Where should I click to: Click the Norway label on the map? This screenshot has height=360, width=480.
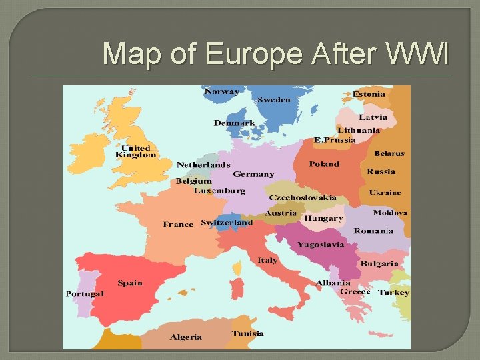click(222, 91)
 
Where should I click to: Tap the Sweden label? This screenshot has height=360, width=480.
click(273, 100)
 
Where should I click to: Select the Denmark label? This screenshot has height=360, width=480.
click(234, 123)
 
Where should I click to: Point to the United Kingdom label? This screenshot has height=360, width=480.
click(135, 151)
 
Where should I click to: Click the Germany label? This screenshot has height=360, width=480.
click(253, 174)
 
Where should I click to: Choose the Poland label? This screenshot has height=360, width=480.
click(324, 164)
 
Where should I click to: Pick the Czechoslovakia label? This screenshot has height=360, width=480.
click(303, 198)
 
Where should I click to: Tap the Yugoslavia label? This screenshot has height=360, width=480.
click(321, 245)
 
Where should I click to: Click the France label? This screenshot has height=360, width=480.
click(178, 225)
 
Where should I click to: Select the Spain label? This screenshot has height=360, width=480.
click(130, 283)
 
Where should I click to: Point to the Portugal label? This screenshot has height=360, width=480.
click(85, 294)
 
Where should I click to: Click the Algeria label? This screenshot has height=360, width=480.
click(186, 337)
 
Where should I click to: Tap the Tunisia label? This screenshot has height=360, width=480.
click(247, 333)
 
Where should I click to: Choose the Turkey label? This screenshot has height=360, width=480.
click(393, 293)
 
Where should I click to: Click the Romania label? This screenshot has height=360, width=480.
click(373, 231)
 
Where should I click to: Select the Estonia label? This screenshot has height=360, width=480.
click(369, 94)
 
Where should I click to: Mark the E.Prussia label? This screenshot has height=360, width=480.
click(335, 140)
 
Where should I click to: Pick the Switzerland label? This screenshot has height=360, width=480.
click(227, 223)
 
